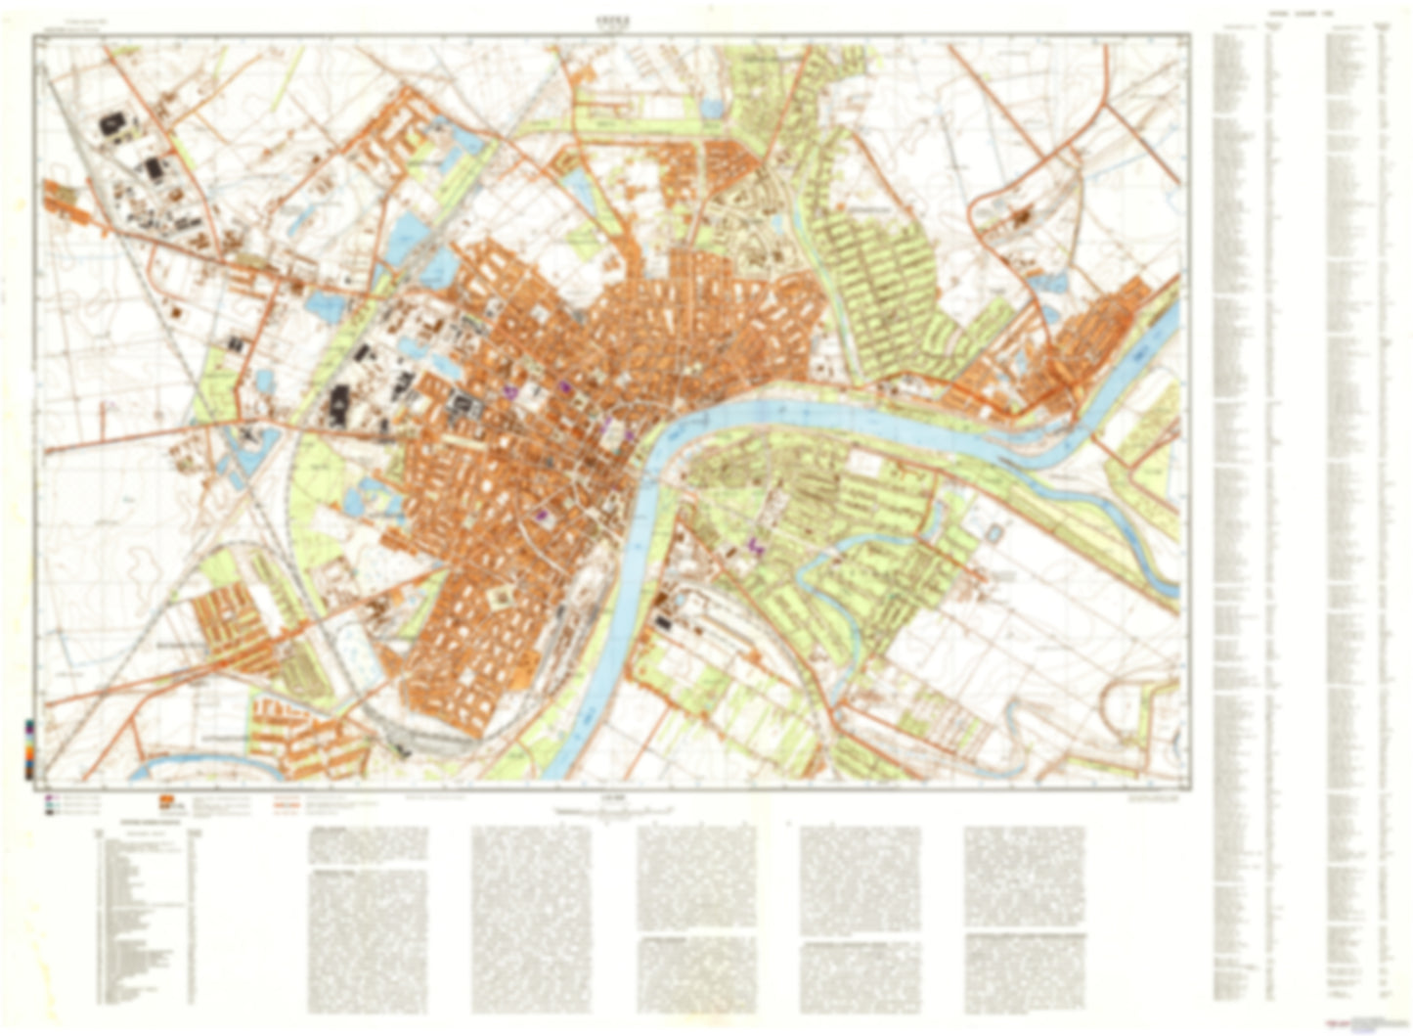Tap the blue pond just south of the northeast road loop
(x=1049, y=284)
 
